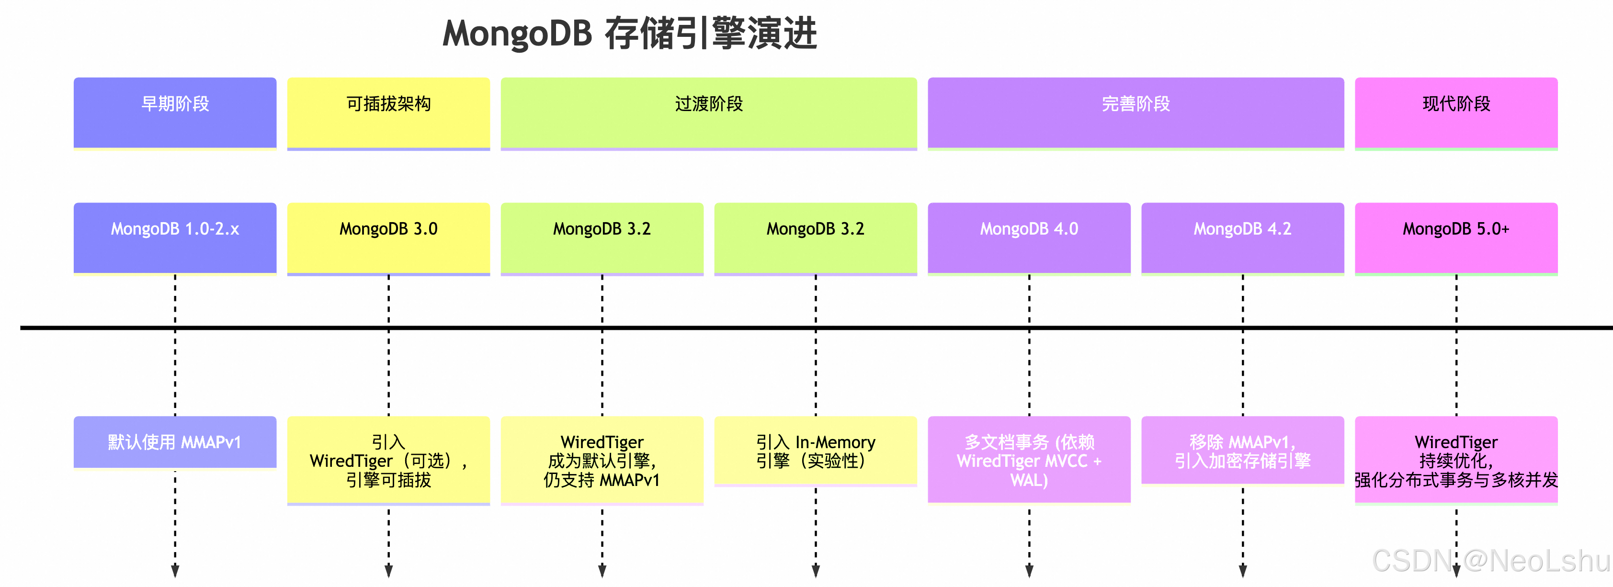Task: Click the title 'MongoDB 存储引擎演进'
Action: pyautogui.click(x=629, y=34)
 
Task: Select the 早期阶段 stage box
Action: pyautogui.click(x=175, y=113)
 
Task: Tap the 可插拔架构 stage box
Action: pyautogui.click(x=388, y=113)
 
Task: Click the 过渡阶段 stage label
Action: pyautogui.click(x=709, y=104)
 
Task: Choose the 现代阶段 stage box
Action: pyautogui.click(x=1456, y=113)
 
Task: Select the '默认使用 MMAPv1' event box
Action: pyautogui.click(x=175, y=442)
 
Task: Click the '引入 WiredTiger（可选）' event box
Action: pyautogui.click(x=388, y=460)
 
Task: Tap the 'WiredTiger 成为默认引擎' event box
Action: pyautogui.click(x=602, y=460)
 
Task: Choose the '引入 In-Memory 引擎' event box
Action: pyautogui.click(x=815, y=451)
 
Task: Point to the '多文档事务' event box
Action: pyautogui.click(x=1029, y=460)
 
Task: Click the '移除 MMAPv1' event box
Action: pyautogui.click(x=1242, y=451)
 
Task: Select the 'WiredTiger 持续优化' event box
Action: pyautogui.click(x=1456, y=460)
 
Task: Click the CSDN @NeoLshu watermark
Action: pyautogui.click(x=1490, y=560)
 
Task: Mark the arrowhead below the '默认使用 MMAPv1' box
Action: pyautogui.click(x=175, y=570)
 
